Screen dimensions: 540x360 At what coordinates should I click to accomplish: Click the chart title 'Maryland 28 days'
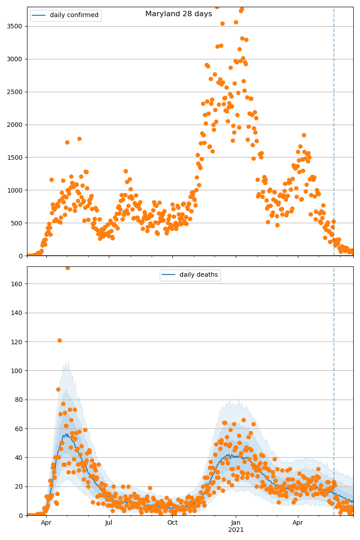click(179, 14)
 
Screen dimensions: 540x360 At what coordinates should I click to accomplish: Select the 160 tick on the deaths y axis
click(18, 283)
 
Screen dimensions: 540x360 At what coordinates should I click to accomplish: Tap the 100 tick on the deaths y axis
click(18, 371)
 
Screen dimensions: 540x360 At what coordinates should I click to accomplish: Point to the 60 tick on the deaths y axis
click(19, 429)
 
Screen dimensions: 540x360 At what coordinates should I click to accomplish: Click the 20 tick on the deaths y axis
click(19, 486)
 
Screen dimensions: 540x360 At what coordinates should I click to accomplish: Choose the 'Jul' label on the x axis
click(109, 523)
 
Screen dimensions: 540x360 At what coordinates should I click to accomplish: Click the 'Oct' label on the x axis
click(172, 523)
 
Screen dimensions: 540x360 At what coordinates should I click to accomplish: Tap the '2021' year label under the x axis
click(236, 530)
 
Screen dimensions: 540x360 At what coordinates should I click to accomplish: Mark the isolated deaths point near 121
click(59, 340)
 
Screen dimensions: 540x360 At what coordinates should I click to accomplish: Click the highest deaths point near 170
click(67, 268)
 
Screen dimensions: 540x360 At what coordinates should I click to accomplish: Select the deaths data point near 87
click(58, 389)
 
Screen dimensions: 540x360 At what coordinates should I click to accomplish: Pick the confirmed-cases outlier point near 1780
click(79, 139)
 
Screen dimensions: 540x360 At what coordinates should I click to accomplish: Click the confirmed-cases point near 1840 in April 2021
click(304, 135)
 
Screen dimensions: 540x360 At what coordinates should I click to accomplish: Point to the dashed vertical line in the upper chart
click(334, 135)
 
